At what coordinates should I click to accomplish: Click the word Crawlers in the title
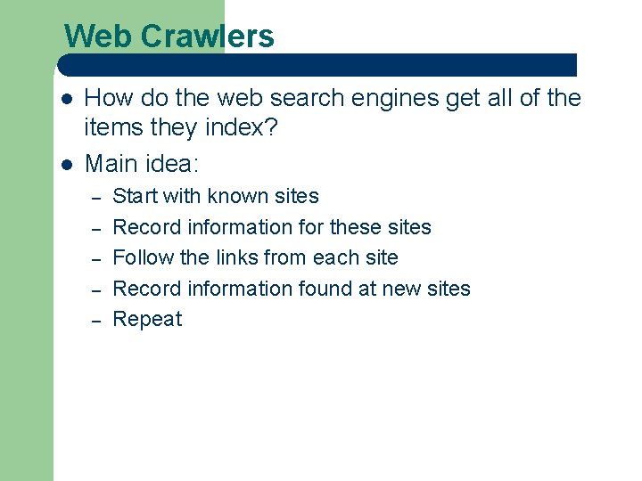[207, 37]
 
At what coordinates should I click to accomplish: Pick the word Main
[110, 164]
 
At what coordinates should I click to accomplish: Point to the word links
[242, 257]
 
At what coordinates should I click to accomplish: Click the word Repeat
[147, 319]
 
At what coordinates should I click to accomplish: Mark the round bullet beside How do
[65, 99]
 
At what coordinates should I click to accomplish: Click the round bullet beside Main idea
[65, 165]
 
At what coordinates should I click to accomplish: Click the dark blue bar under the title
[317, 65]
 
